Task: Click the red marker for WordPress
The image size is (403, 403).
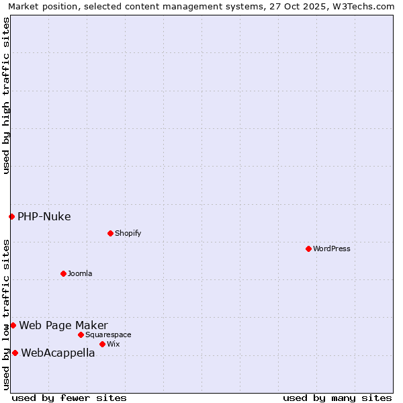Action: [308, 249]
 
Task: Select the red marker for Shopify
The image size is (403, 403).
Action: [110, 233]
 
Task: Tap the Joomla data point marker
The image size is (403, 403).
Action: [63, 273]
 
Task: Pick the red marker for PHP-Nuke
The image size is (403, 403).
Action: [11, 216]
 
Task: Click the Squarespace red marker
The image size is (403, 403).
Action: [81, 334]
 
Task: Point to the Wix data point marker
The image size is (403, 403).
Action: [102, 344]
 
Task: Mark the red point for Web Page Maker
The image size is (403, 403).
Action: [13, 325]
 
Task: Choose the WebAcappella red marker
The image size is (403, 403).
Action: [15, 353]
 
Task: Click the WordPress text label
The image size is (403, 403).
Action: [332, 249]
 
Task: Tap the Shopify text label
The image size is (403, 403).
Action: [128, 233]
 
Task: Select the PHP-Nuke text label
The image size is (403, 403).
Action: [44, 216]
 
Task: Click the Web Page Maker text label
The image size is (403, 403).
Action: [63, 326]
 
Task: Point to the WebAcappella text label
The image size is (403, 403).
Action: [58, 353]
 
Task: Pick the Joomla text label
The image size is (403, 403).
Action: [80, 273]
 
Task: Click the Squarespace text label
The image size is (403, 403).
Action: [108, 334]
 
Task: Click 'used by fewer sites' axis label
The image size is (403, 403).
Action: [69, 398]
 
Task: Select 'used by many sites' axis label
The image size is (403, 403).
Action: [337, 398]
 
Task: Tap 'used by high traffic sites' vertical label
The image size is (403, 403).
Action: [6, 95]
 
